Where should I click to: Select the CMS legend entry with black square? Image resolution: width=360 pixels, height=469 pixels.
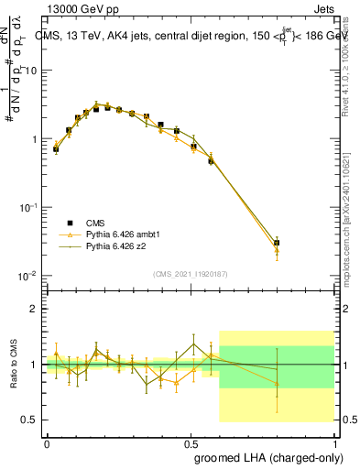coord(82,222)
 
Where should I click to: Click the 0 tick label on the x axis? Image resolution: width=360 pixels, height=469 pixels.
coord(47,443)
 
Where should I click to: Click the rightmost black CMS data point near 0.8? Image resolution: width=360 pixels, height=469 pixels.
coord(277,243)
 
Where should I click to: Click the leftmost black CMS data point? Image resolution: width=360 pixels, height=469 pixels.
coord(56,148)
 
